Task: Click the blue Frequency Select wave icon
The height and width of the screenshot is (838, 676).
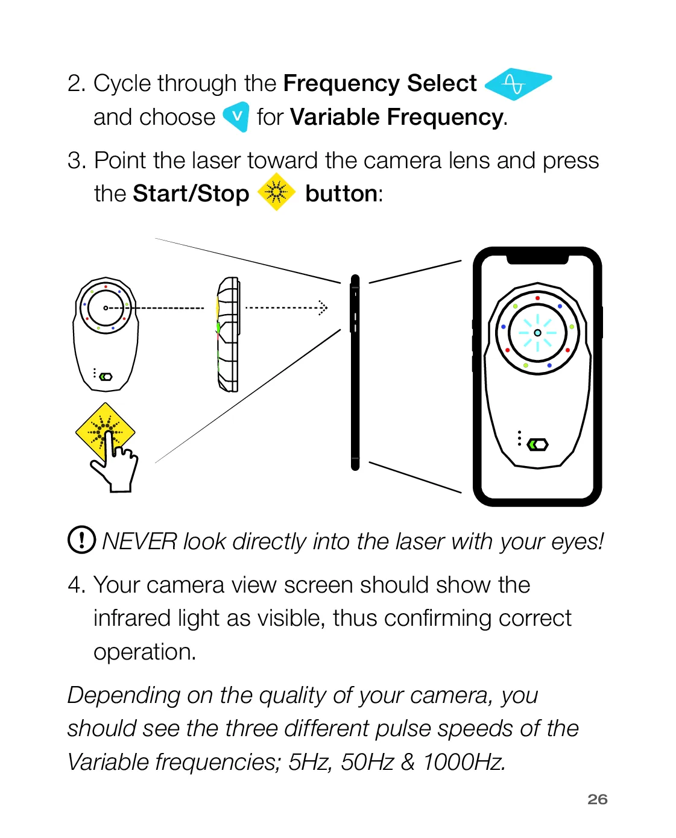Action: pos(517,84)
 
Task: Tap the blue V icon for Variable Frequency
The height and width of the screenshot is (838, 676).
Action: pos(236,116)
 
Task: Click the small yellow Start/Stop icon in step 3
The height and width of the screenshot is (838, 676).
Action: pos(276,192)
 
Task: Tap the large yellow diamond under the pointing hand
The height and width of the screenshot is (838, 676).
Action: pos(105,432)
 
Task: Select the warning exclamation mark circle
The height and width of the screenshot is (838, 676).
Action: pos(82,540)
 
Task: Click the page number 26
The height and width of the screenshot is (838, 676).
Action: pos(597,799)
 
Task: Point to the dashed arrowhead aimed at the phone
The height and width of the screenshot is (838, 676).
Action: pos(323,307)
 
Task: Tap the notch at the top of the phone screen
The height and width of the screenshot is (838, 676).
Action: pos(537,260)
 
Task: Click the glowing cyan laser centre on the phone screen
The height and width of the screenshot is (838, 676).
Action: pos(537,333)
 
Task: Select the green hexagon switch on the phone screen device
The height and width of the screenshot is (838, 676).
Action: pos(538,444)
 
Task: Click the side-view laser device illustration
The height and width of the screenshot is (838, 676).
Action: pos(229,334)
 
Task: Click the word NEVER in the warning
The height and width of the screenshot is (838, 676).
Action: pos(139,541)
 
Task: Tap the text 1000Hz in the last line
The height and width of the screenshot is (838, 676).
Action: pos(464,762)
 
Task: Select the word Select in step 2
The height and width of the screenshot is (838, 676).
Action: pos(442,83)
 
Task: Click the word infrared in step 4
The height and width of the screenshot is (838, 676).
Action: pos(133,618)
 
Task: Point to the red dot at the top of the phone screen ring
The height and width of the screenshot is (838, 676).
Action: pos(538,298)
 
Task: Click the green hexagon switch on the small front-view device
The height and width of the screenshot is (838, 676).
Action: pos(106,377)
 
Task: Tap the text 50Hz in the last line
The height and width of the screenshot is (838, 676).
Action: pos(367,762)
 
